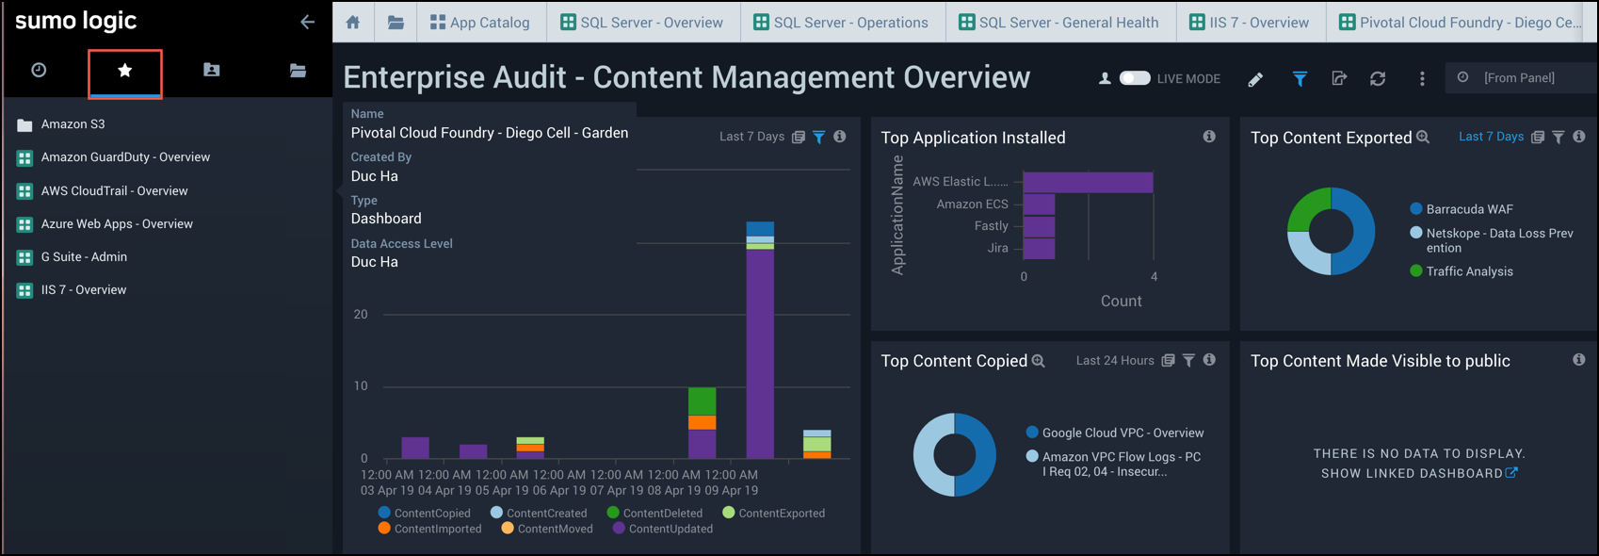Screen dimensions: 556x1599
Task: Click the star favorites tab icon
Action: point(125,71)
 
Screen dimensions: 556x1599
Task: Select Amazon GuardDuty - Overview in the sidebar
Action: point(124,157)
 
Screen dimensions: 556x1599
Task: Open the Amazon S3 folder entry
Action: point(73,124)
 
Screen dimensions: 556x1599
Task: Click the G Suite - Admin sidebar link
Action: point(83,256)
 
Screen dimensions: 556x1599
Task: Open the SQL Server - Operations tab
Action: point(840,23)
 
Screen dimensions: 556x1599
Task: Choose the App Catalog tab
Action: point(479,23)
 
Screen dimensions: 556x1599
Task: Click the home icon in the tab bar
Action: point(353,23)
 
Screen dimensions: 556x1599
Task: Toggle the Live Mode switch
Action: point(1135,78)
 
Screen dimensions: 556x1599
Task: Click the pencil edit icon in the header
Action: point(1255,79)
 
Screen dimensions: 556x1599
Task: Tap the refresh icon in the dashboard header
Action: point(1378,79)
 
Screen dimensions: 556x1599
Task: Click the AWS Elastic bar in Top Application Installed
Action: point(1088,182)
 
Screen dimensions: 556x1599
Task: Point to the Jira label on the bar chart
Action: point(997,248)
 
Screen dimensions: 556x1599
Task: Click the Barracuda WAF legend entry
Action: point(1469,209)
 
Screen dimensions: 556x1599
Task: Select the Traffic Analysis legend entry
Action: point(1469,271)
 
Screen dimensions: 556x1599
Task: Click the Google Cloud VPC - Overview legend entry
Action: point(1123,433)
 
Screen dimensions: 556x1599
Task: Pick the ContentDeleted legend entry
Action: point(662,514)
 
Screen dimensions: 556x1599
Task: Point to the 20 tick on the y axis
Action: point(361,314)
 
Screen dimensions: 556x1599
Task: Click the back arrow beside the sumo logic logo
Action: point(308,22)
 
